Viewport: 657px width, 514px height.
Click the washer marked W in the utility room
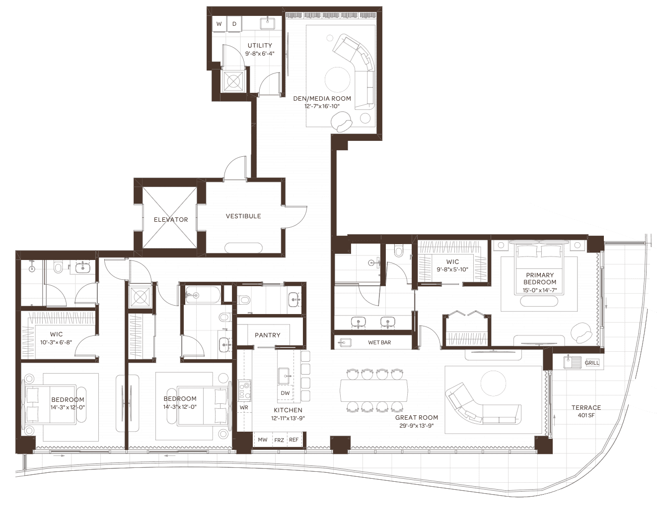pos(219,24)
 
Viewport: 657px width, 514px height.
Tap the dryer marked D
pos(234,24)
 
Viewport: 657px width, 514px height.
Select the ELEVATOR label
pos(171,220)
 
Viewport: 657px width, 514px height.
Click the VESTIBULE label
pos(243,216)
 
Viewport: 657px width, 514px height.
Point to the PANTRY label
pos(268,335)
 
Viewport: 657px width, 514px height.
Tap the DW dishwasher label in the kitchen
pos(285,393)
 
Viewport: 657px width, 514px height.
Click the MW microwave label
pos(262,440)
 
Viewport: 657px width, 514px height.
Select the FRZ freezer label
pos(279,440)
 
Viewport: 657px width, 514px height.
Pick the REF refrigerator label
pos(294,440)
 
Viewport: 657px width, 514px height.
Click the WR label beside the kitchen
pos(244,407)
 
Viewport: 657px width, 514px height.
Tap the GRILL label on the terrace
pos(591,363)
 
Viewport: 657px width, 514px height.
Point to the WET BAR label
pos(379,342)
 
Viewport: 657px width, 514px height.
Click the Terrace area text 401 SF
pos(586,415)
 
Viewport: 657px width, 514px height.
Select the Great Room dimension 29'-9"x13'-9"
pos(417,426)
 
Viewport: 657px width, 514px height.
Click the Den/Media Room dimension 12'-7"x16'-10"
pos(322,106)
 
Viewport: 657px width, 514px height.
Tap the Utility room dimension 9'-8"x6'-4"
pos(260,54)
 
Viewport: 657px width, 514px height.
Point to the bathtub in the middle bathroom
pos(203,295)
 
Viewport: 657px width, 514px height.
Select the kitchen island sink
pos(284,376)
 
